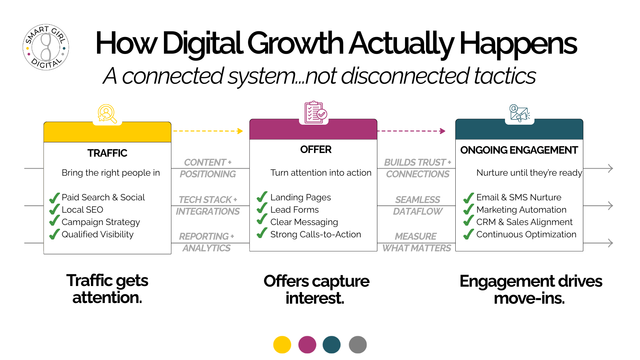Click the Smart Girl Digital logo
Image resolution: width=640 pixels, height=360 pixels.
46,47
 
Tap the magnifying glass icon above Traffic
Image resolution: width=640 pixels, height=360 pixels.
107,114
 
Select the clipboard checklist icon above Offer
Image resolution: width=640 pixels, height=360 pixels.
315,112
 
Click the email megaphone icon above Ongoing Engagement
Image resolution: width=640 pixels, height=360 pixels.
520,113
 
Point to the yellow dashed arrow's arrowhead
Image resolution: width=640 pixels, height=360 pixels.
240,131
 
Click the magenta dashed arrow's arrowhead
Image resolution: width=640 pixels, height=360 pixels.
443,131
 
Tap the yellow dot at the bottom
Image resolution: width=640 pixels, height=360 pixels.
282,345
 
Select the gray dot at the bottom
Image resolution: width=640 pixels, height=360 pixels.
358,345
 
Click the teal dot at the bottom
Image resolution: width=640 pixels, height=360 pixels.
332,345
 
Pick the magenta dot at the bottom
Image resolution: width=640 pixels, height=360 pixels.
307,345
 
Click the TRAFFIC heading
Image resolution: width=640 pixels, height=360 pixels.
107,153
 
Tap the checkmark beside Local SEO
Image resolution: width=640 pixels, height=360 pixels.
55,209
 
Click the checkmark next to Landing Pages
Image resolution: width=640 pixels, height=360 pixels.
262,197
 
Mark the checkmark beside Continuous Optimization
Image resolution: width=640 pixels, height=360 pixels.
469,234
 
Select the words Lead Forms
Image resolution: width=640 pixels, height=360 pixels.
295,210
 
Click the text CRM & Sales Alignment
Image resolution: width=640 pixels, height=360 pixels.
524,222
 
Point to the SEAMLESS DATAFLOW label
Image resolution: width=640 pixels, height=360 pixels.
418,205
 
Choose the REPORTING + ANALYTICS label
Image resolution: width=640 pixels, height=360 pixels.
207,242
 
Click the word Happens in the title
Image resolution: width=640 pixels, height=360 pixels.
518,44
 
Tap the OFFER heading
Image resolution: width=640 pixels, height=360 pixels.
316,150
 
